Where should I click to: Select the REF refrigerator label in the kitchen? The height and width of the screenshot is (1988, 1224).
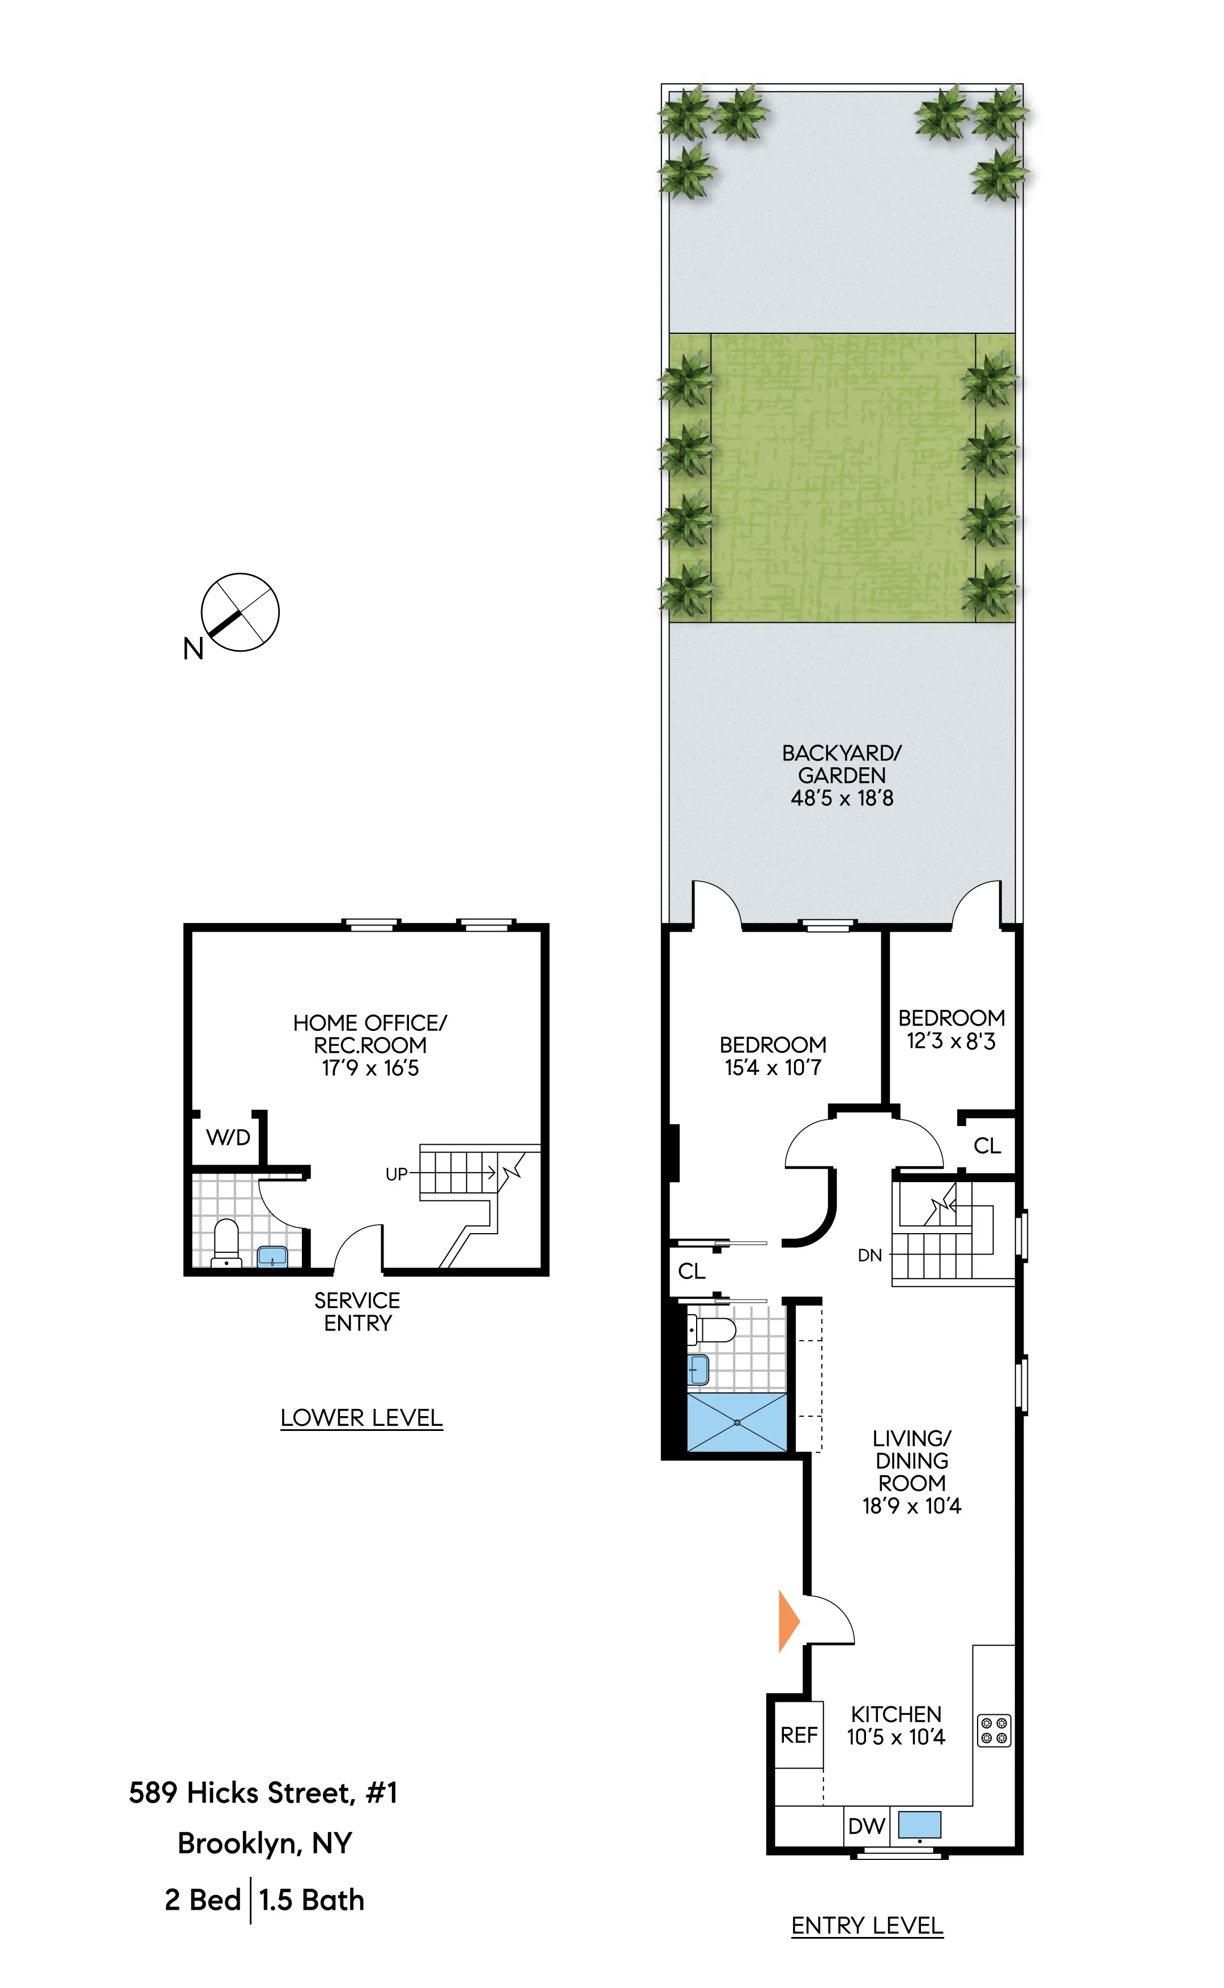click(x=798, y=1735)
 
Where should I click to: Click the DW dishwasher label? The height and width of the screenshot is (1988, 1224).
click(x=865, y=1826)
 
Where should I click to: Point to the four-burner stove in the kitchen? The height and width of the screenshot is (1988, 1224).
click(x=993, y=1731)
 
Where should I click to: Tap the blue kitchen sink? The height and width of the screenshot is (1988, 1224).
click(x=920, y=1824)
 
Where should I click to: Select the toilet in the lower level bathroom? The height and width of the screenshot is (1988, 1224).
click(x=226, y=1243)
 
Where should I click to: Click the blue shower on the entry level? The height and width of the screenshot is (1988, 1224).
click(x=736, y=1422)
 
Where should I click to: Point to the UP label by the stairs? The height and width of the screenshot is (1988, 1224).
click(x=396, y=1174)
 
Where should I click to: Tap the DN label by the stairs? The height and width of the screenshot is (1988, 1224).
click(x=869, y=1256)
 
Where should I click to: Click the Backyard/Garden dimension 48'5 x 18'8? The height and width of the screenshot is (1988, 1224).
click(x=842, y=798)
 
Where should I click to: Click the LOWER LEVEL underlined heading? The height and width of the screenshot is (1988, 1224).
click(x=361, y=1418)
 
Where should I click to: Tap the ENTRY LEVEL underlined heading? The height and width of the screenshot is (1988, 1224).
click(x=867, y=1926)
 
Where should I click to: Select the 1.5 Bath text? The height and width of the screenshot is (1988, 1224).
click(x=312, y=1900)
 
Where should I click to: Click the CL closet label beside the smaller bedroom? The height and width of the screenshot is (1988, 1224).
click(x=987, y=1146)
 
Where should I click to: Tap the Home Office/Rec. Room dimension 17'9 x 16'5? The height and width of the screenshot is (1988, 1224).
click(x=370, y=1068)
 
